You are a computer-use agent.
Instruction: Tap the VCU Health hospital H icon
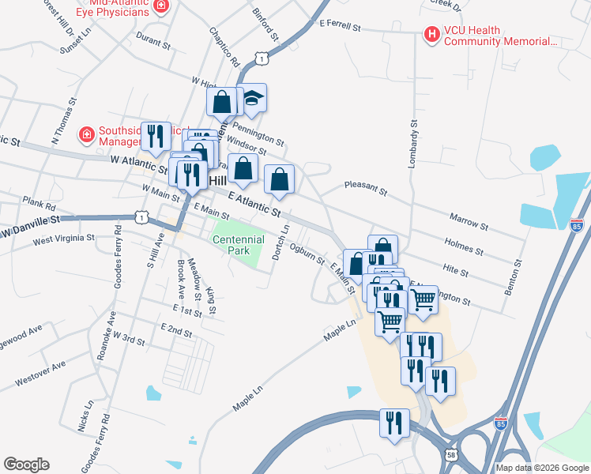tap(431, 35)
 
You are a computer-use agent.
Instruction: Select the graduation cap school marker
tap(253, 99)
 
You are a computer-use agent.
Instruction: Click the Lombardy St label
tap(412, 143)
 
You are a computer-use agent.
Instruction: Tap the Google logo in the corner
tap(26, 465)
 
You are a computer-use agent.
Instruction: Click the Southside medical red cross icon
tap(85, 135)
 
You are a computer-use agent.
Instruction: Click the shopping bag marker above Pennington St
tap(222, 101)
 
